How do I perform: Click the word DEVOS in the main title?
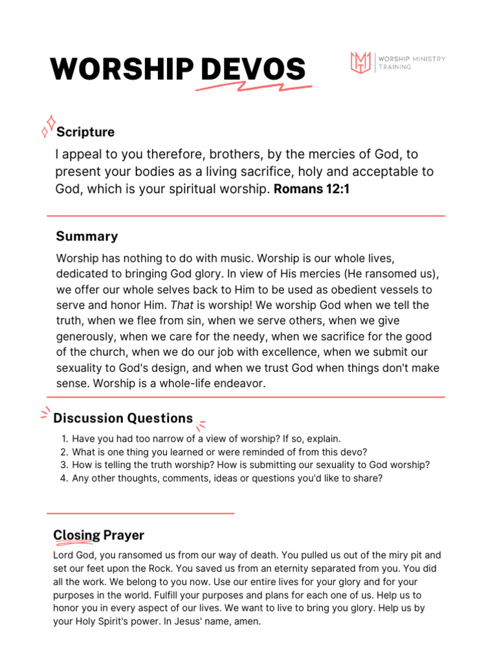click(253, 69)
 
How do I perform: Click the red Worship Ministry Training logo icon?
click(360, 63)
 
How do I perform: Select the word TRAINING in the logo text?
click(395, 67)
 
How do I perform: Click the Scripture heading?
click(85, 132)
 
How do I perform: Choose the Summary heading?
click(87, 236)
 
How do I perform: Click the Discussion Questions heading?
click(123, 418)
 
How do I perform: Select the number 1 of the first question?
click(63, 438)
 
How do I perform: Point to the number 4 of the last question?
click(63, 478)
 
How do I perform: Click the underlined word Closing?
click(76, 535)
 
